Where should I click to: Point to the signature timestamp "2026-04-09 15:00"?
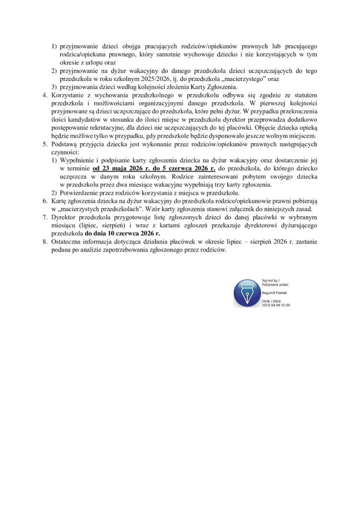[x=276, y=305]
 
